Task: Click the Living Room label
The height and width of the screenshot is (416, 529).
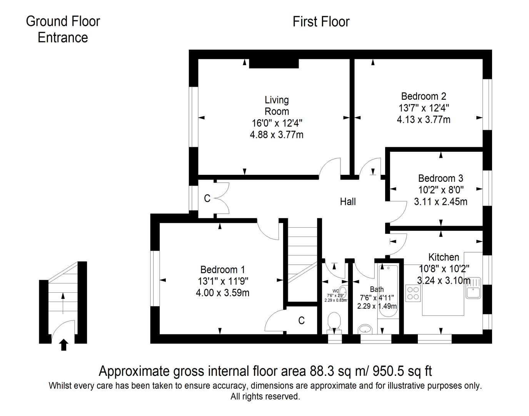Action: coord(277,106)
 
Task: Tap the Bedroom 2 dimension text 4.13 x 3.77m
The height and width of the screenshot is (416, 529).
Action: coord(424,119)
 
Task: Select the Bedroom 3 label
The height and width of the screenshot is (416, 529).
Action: coord(441,178)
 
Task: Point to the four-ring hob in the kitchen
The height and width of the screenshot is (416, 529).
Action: coord(413,292)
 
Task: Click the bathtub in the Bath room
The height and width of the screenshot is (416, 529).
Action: coord(389,291)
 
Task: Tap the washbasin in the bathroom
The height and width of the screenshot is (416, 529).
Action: coord(365,329)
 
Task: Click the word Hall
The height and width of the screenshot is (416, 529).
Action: coord(348,201)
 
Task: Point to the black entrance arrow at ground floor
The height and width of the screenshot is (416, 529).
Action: coord(64,345)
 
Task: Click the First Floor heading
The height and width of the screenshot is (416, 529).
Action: coord(321,22)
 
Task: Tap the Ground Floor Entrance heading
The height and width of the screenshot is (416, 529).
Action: coord(63,29)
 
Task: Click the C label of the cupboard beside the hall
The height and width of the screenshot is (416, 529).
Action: coord(207,198)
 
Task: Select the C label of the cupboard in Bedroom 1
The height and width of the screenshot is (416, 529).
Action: coord(302,320)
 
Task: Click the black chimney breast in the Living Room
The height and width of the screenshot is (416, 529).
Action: coord(274,64)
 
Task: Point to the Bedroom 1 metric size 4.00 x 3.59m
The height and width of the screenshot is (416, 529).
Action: coord(222,293)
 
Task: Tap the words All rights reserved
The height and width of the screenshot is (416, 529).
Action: coord(265,396)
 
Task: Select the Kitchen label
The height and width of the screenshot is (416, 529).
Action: coord(444,257)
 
